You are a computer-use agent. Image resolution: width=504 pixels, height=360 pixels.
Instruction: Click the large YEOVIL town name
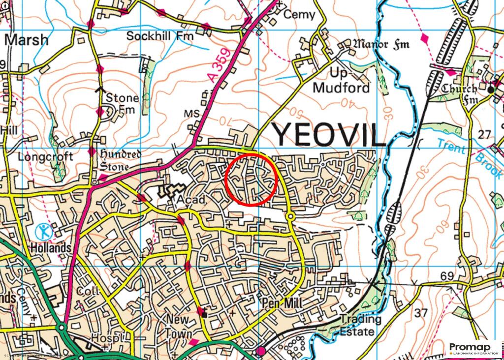[x=329, y=134]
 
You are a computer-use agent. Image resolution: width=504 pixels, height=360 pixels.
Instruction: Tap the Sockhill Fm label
[x=160, y=36]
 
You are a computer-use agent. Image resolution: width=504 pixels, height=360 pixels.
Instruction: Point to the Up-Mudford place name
[x=341, y=81]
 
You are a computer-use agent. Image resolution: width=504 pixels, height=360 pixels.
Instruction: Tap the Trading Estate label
[x=361, y=325]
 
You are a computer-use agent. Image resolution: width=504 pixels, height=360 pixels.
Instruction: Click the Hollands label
[x=51, y=248]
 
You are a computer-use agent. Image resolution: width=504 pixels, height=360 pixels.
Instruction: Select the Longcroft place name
[x=45, y=156]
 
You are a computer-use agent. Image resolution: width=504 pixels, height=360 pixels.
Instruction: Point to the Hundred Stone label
[x=121, y=160]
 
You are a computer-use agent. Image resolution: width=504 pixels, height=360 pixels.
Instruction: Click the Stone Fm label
[x=122, y=103]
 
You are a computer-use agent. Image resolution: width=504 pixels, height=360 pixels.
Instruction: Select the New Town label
[x=178, y=326]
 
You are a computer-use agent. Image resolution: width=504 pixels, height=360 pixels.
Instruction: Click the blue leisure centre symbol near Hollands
[x=44, y=231]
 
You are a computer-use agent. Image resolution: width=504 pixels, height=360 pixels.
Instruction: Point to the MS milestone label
[x=191, y=114]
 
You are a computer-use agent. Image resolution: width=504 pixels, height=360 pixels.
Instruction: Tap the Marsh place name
[x=27, y=40]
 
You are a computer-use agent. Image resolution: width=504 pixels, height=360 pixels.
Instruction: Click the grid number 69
[x=447, y=276]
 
